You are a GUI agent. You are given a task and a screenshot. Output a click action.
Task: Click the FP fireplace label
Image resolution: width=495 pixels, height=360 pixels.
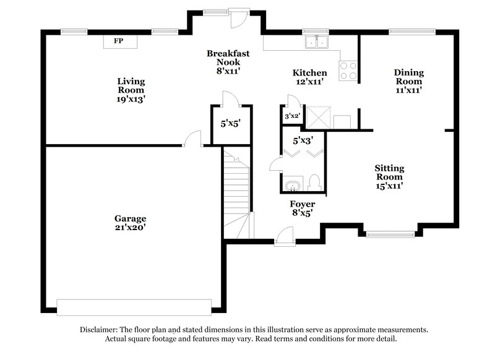point(118,41)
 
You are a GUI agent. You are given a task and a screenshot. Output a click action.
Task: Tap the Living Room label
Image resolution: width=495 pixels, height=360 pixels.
point(131,90)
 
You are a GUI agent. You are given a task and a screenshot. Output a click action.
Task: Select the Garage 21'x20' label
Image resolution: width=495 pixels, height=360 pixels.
point(130,223)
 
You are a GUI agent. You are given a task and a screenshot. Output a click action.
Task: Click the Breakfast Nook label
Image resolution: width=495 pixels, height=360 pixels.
point(228,62)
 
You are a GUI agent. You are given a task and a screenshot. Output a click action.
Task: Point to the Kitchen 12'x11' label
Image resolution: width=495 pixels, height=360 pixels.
point(309,77)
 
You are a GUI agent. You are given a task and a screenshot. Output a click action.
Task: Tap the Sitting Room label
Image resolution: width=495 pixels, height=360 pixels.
point(389,176)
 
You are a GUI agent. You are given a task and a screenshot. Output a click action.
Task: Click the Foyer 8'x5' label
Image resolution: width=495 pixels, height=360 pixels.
point(303,208)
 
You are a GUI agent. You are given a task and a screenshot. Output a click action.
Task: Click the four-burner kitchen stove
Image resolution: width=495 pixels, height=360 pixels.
point(348,70)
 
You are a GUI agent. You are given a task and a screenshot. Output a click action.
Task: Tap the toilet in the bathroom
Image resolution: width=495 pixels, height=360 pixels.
point(314,182)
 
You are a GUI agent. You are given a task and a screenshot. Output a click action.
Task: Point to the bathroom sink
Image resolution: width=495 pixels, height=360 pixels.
point(291,186)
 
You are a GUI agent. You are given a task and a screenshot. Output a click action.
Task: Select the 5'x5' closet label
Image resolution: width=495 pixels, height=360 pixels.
point(230,123)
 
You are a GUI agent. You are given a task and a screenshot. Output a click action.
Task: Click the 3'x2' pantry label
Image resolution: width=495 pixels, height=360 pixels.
point(292,116)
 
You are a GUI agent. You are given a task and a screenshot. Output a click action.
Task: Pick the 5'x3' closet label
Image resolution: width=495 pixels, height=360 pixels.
point(303,140)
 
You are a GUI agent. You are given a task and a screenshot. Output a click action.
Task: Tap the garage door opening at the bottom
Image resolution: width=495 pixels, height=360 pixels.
point(133,307)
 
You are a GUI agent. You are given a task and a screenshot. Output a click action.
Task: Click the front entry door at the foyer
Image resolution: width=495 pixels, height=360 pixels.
point(285,237)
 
